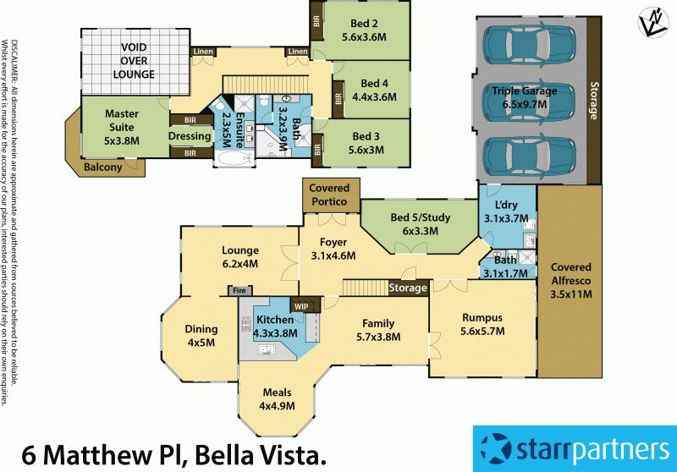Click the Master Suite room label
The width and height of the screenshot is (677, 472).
[x=121, y=114]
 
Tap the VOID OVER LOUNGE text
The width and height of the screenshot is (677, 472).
[x=136, y=61]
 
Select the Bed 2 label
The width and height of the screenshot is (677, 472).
[x=364, y=24]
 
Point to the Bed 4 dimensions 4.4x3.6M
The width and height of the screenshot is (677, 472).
[x=373, y=97]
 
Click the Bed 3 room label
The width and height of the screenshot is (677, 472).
[x=366, y=136]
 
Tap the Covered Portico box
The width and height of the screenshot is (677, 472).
[x=329, y=195]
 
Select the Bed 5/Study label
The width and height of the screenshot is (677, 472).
[x=420, y=217]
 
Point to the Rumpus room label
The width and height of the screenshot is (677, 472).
[x=482, y=317]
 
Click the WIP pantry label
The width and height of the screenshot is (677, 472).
[x=300, y=306]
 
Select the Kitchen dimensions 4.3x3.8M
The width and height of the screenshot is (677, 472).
[x=277, y=333]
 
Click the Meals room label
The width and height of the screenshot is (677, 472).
[x=276, y=392]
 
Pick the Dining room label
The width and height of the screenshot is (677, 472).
[x=201, y=329]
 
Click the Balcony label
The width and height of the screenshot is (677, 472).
[x=104, y=167]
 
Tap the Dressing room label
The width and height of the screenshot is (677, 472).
[x=190, y=136]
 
